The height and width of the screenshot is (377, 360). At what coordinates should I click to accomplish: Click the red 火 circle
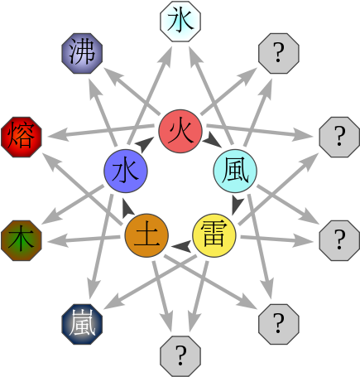(180, 130)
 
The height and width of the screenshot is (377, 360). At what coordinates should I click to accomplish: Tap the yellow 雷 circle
(214, 234)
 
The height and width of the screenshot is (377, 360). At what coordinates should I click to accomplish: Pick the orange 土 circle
(146, 234)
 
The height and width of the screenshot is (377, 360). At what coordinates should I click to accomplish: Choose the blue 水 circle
(125, 172)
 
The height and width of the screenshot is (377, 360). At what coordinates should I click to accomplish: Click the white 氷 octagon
(180, 21)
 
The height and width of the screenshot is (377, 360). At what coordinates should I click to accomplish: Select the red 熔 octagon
(21, 137)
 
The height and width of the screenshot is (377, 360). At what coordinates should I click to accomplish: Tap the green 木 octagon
(21, 240)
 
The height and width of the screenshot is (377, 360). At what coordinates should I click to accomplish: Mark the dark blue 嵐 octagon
(82, 322)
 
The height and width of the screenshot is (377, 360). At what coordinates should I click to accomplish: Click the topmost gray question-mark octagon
(279, 55)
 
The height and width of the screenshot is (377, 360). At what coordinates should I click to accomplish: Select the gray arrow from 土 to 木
(83, 240)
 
